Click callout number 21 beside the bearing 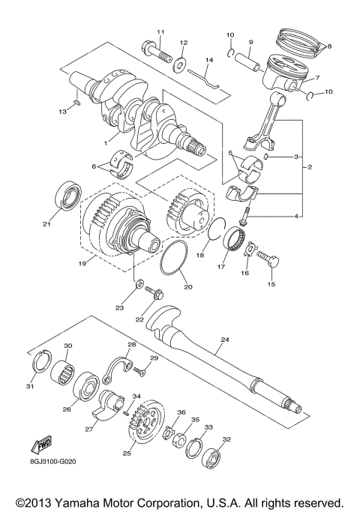click(46, 223)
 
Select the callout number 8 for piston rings click(328, 46)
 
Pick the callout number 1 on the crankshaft click(106, 142)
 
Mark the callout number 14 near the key click(209, 59)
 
